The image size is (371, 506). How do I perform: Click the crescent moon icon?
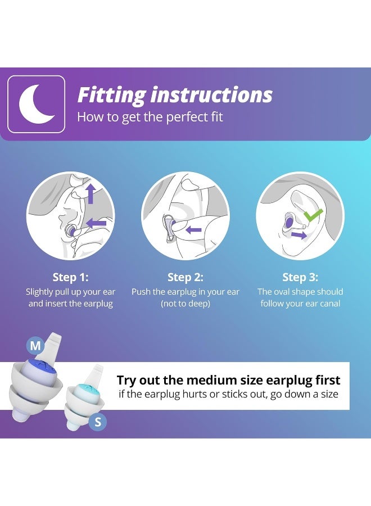[36, 104]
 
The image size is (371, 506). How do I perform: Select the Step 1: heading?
[70, 277]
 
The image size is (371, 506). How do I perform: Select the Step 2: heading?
[185, 277]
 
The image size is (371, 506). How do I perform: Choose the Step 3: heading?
[300, 277]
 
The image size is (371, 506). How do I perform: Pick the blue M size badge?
[35, 345]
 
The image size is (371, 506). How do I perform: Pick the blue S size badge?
[98, 421]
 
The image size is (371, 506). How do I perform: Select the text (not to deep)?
[185, 304]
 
